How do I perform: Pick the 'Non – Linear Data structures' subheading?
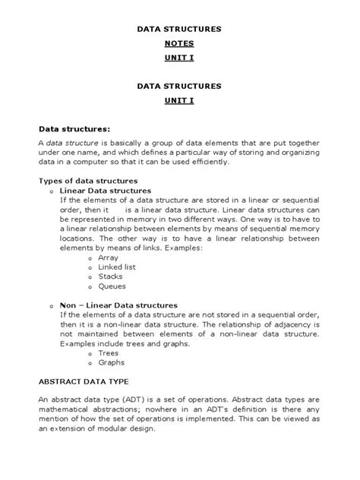[x=118, y=305]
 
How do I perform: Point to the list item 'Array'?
[x=109, y=257]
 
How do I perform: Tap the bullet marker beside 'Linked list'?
[x=90, y=269]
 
